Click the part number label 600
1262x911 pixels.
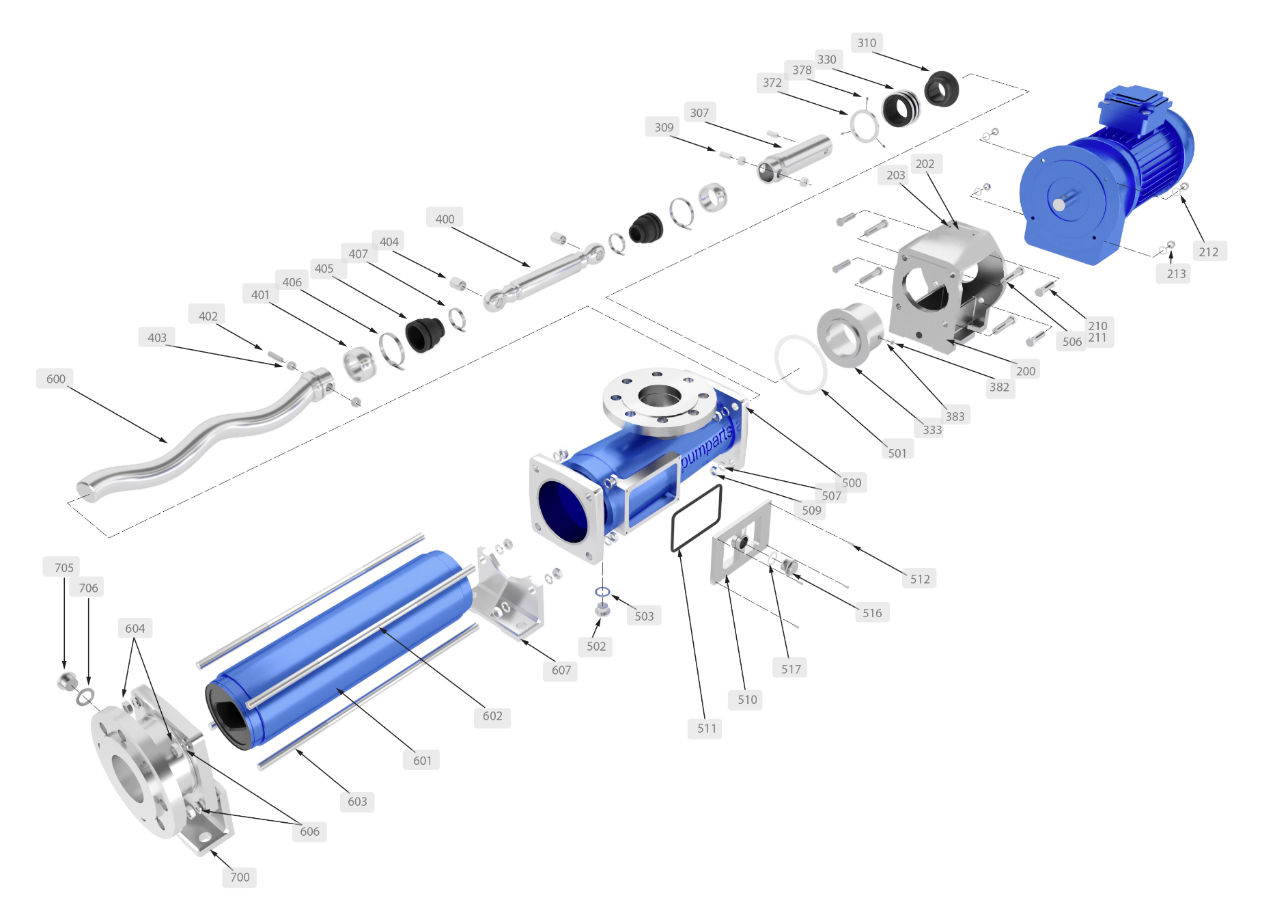pyautogui.click(x=56, y=379)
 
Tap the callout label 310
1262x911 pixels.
pyautogui.click(x=867, y=42)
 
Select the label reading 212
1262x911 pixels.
pyautogui.click(x=1208, y=251)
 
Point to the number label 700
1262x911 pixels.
pyautogui.click(x=240, y=877)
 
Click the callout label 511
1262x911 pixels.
pyautogui.click(x=707, y=729)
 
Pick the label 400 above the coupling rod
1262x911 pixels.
pyautogui.click(x=445, y=219)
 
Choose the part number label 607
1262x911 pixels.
pyautogui.click(x=561, y=670)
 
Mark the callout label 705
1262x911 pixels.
pyautogui.click(x=64, y=567)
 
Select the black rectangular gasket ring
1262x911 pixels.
pyautogui.click(x=697, y=517)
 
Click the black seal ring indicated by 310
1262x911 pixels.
pyautogui.click(x=941, y=88)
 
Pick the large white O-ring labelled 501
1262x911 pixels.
pyautogui.click(x=800, y=364)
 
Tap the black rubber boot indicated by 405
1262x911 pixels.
pyautogui.click(x=425, y=334)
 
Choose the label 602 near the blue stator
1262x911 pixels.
pyautogui.click(x=492, y=716)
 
